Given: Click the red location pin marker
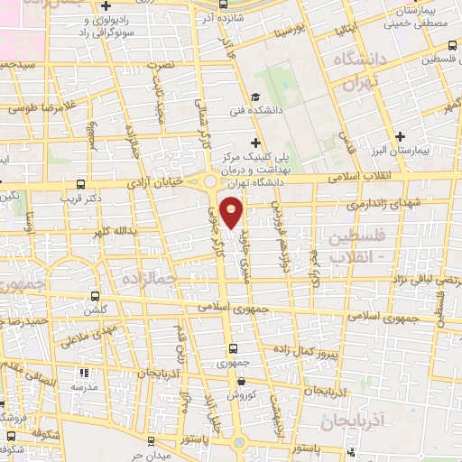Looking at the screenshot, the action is [x=232, y=214].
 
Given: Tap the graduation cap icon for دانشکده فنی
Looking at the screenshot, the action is [x=255, y=97].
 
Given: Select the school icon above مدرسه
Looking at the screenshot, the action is [x=85, y=371].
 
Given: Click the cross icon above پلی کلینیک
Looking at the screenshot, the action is [x=256, y=142].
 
